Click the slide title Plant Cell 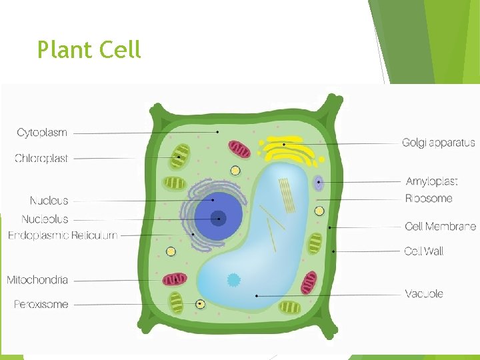[89, 49]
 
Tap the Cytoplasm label [42, 133]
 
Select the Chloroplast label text [41, 159]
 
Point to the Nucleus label [49, 201]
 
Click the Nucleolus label [45, 219]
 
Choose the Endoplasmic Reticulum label [63, 235]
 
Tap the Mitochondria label [37, 280]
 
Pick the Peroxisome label [41, 305]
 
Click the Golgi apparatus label [438, 143]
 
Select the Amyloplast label [431, 181]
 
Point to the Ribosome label [429, 199]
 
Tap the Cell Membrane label [440, 227]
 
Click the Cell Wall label [423, 251]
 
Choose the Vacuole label [424, 294]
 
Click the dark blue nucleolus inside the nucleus [218, 217]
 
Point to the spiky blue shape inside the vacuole [233, 280]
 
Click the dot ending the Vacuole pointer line [257, 295]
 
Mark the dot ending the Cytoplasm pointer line [217, 133]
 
